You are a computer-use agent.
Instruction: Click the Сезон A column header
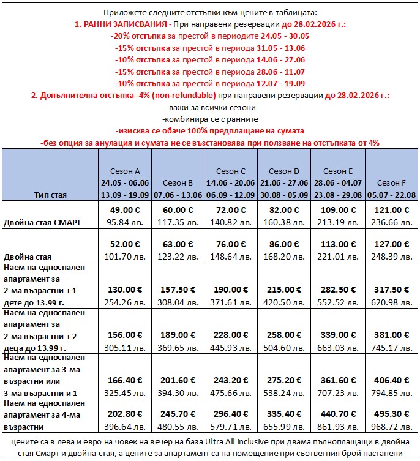(x=125, y=171)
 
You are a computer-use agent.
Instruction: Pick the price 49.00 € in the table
(x=125, y=209)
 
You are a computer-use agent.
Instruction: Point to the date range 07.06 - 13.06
(x=178, y=194)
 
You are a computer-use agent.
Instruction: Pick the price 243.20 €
(x=231, y=379)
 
